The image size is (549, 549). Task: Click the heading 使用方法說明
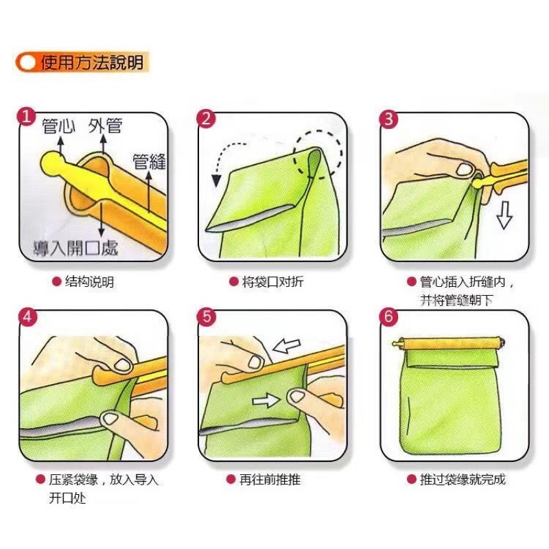click(x=92, y=62)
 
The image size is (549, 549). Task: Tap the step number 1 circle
click(x=26, y=117)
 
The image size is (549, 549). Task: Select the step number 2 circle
click(x=206, y=119)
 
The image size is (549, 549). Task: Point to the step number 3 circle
click(x=388, y=119)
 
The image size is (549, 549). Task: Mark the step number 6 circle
click(x=388, y=317)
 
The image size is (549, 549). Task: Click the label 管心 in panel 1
click(x=58, y=126)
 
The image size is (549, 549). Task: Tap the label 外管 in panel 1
click(x=105, y=126)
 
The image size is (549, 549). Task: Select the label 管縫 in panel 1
click(x=149, y=162)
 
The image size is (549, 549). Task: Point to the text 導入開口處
click(x=75, y=248)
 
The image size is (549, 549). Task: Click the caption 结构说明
click(x=89, y=281)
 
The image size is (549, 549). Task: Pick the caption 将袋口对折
click(x=272, y=281)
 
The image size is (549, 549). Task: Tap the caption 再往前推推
click(x=270, y=479)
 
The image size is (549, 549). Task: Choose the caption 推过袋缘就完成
click(x=463, y=479)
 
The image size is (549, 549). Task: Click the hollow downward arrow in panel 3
click(x=504, y=215)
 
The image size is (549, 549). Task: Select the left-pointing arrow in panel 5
click(x=286, y=346)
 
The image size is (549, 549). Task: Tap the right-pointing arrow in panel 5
click(x=266, y=400)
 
